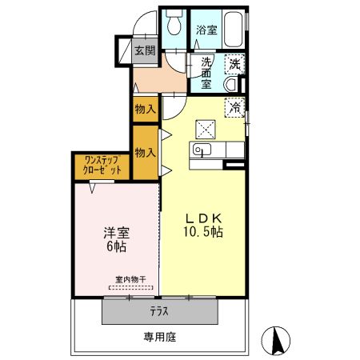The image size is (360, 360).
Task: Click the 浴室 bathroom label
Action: pyautogui.click(x=206, y=30)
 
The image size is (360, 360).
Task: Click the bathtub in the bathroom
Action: pyautogui.click(x=233, y=30)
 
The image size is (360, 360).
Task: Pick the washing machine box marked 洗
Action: pyautogui.click(x=234, y=62)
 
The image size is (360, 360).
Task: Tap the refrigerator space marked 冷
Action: pyautogui.click(x=236, y=106)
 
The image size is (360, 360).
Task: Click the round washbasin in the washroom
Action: pyautogui.click(x=232, y=84)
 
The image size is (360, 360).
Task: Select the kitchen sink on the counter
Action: pyautogui.click(x=200, y=150)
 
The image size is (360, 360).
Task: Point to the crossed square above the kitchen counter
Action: pyautogui.click(x=205, y=126)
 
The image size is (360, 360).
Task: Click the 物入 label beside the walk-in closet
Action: pyautogui.click(x=145, y=153)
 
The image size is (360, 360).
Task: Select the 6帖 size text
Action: pyautogui.click(x=116, y=248)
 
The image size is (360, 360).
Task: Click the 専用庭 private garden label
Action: pyautogui.click(x=160, y=337)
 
